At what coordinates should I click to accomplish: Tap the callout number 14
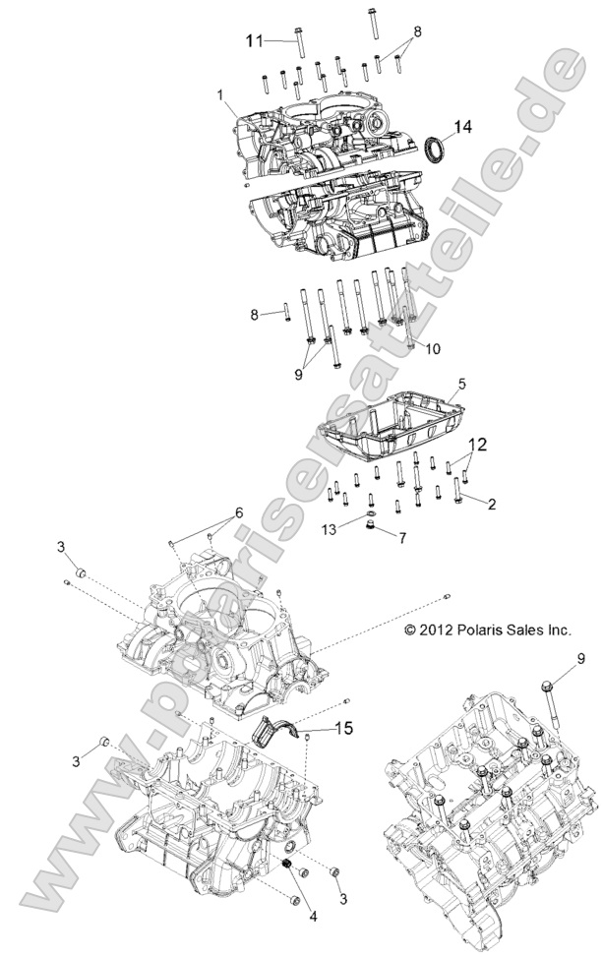pos(462,126)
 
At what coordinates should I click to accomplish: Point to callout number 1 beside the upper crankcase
pos(221,96)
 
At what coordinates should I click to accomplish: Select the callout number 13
pos(331,529)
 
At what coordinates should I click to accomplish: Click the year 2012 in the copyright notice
pos(435,629)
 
